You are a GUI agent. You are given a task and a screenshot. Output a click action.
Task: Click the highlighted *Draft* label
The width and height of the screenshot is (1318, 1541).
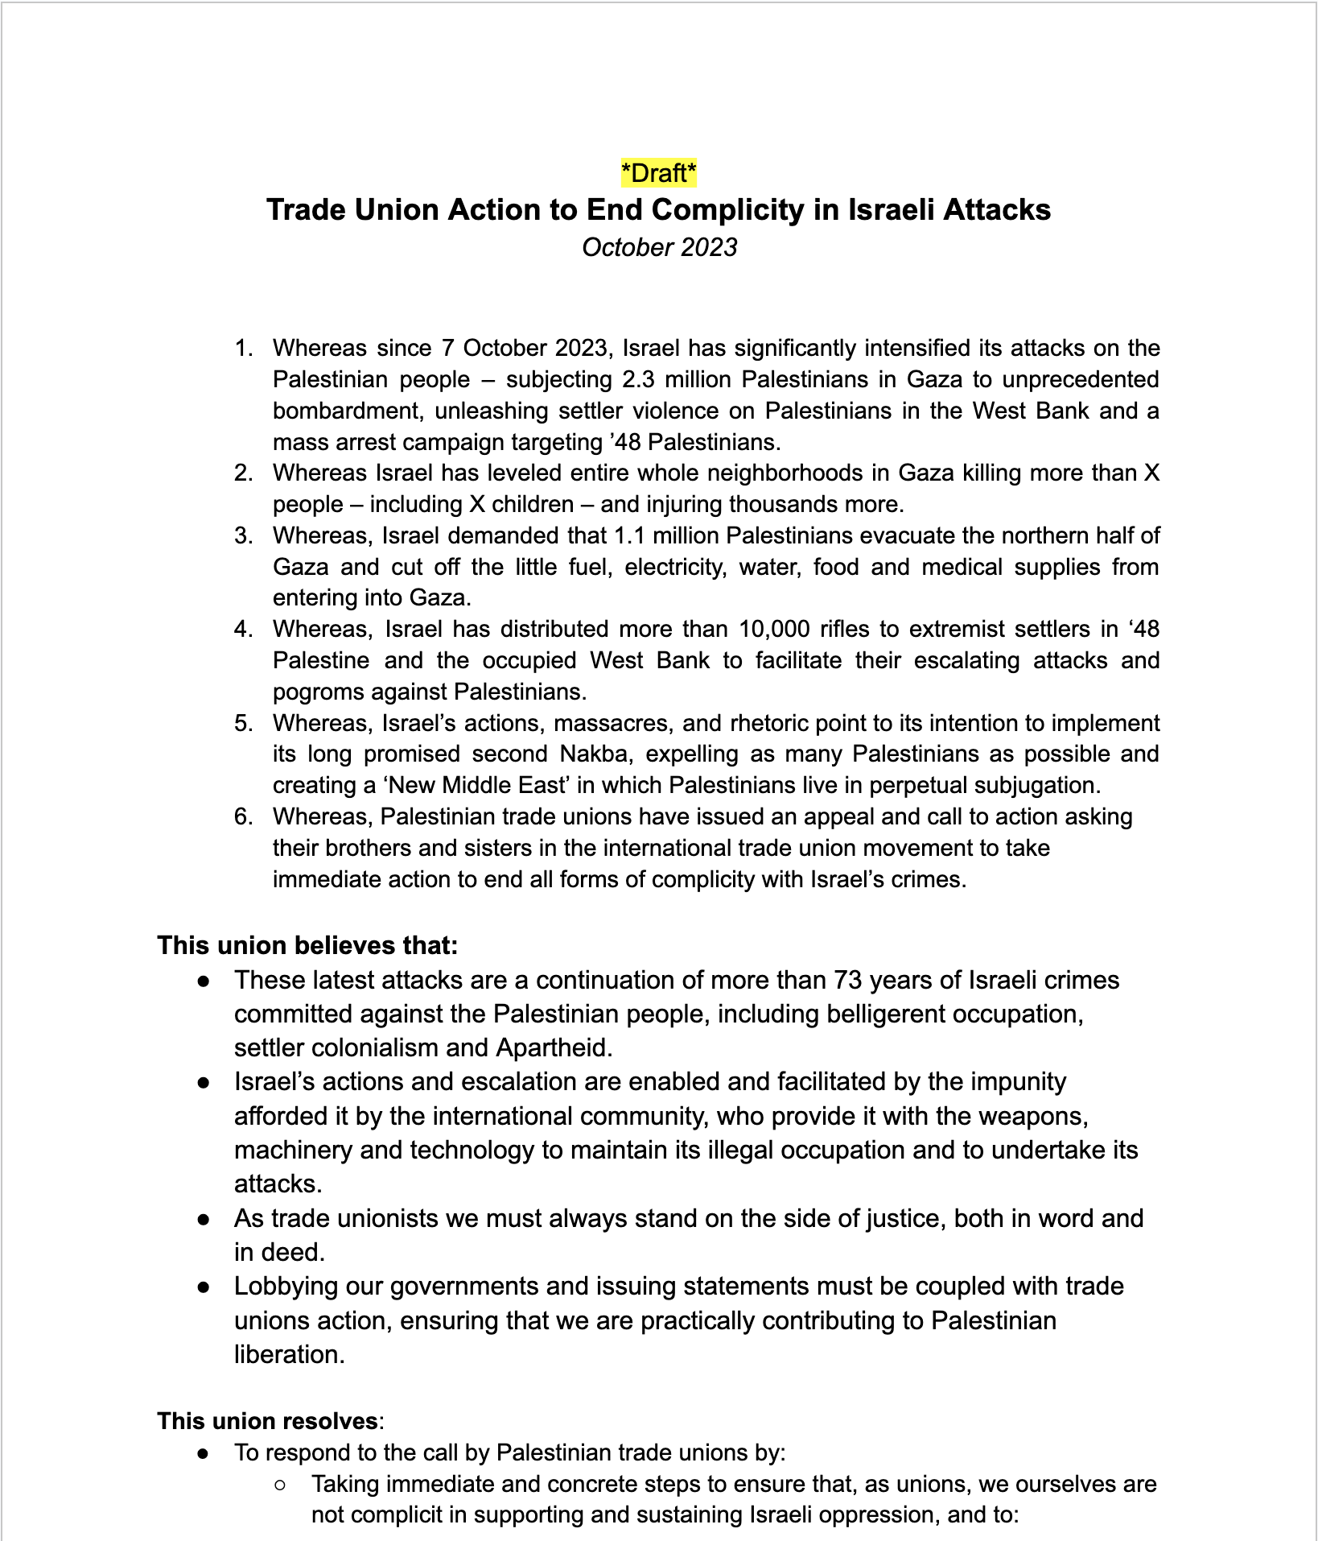[x=658, y=173]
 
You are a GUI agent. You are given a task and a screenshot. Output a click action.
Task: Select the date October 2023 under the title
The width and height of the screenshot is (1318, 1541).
[x=659, y=247]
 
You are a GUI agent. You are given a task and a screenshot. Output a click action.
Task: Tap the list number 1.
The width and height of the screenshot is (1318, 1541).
[x=243, y=349]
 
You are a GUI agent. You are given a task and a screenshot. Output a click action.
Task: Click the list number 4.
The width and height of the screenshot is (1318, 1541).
[x=243, y=629]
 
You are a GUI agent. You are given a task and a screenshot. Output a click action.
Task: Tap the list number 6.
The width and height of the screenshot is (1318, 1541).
[x=243, y=817]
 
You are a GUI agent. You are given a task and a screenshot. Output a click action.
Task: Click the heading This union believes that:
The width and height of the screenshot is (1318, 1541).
[x=307, y=945]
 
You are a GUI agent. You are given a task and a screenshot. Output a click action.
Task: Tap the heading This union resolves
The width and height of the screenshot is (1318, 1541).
[x=267, y=1421]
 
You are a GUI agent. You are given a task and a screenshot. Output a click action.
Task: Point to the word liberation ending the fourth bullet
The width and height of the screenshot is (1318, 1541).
[x=289, y=1354]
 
